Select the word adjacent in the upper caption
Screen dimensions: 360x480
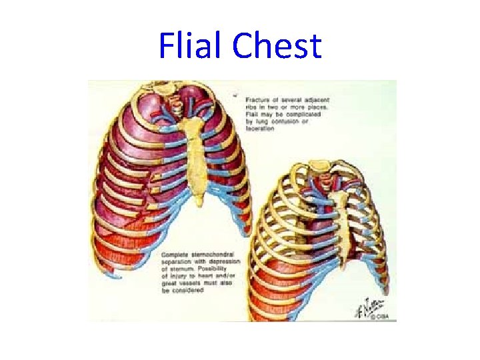coord(313,100)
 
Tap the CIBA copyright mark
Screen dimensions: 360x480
coord(378,317)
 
